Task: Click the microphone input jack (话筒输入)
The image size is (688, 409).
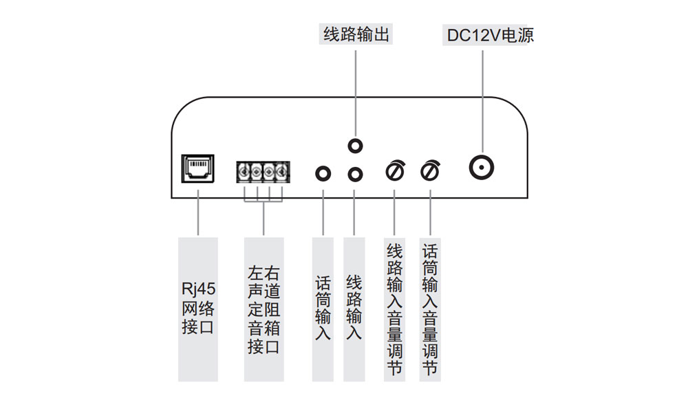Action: click(323, 173)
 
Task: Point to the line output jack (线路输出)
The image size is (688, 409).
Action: click(355, 146)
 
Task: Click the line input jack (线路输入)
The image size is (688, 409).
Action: click(355, 174)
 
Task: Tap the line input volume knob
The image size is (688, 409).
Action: click(395, 170)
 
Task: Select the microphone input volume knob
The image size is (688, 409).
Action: click(430, 170)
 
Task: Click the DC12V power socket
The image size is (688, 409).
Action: click(483, 168)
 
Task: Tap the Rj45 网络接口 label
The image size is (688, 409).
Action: click(197, 309)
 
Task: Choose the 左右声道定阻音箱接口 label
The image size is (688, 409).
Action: click(264, 309)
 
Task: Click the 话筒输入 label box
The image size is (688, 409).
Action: click(323, 309)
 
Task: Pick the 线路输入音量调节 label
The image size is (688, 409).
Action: click(394, 309)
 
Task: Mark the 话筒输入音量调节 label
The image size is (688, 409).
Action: click(430, 309)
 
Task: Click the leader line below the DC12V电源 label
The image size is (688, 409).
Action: click(483, 96)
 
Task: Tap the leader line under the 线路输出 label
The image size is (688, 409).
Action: click(355, 89)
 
